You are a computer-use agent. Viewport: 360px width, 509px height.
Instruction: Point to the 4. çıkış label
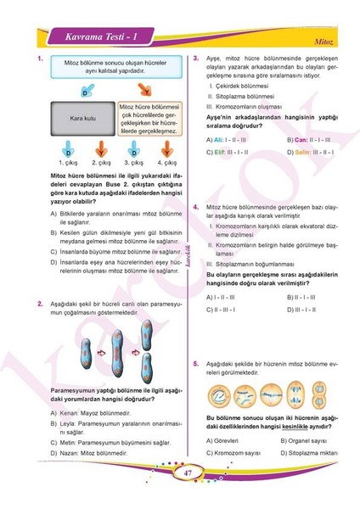click(x=165, y=162)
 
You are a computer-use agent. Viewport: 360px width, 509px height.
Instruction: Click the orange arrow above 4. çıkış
click(x=165, y=147)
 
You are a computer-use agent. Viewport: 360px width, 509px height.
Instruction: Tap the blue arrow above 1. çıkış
click(x=68, y=147)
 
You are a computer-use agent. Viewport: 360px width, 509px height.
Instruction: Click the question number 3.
click(x=196, y=59)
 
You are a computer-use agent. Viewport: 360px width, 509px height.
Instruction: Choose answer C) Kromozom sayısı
click(x=234, y=454)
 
